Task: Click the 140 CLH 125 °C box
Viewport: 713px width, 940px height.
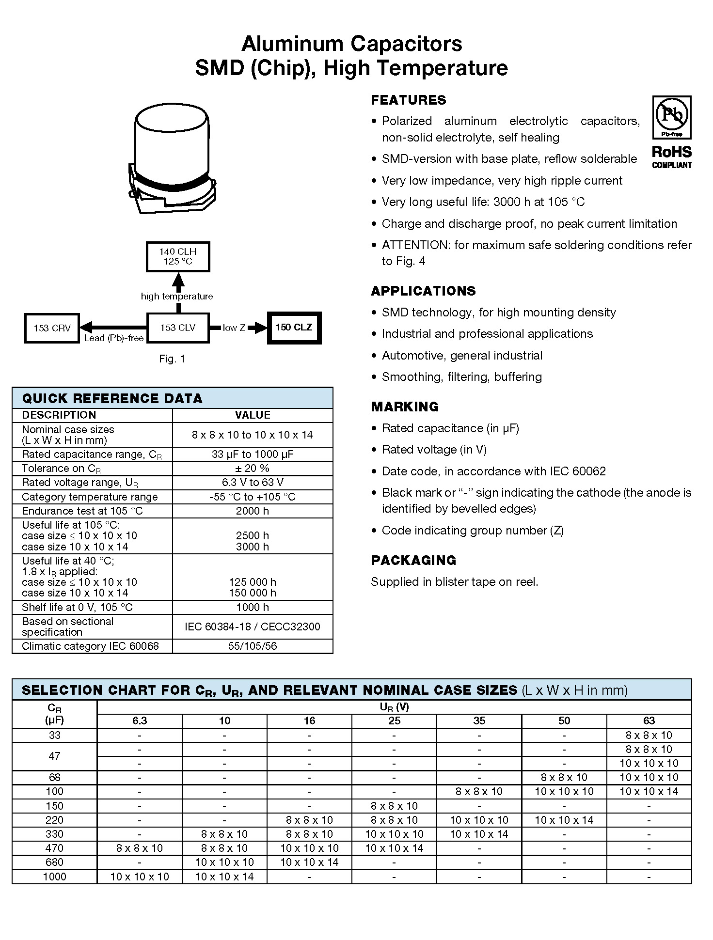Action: tap(178, 257)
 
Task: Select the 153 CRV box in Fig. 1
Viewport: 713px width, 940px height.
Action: tap(52, 328)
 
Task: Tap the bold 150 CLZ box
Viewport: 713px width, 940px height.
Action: tap(294, 328)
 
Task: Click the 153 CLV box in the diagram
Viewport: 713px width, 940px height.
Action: tap(178, 328)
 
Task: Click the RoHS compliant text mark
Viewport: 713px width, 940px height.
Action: tap(671, 157)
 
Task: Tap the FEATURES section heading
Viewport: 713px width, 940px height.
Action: tap(408, 100)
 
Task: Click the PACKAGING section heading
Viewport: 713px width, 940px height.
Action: tap(413, 560)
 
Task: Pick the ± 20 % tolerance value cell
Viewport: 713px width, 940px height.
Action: tap(252, 468)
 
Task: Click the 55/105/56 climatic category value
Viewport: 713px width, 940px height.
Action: tap(252, 646)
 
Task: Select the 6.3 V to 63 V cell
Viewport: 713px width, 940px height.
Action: tap(252, 482)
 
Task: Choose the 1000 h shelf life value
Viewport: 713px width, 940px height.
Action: tap(252, 607)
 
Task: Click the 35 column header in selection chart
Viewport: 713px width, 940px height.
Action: tap(479, 721)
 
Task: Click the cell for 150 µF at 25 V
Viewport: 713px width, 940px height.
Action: tap(394, 806)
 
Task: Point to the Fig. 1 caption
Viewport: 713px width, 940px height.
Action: tap(172, 359)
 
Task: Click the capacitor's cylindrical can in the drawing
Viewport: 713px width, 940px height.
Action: tap(172, 141)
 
